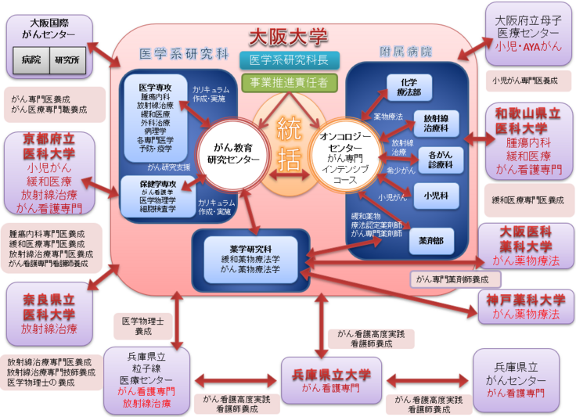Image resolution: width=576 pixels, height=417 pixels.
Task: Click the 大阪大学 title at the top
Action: (x=287, y=36)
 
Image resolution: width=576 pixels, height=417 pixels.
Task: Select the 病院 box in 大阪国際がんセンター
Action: (x=32, y=59)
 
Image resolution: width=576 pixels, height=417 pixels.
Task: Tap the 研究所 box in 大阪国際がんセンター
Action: (x=68, y=59)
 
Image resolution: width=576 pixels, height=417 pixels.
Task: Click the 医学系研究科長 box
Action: (x=288, y=60)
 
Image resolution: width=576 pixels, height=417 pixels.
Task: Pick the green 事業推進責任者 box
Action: (x=289, y=81)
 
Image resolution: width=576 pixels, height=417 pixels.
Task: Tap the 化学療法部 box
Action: (x=409, y=87)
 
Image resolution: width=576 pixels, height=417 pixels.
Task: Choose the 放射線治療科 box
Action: (x=437, y=123)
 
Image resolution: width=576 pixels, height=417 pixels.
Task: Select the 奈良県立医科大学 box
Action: (x=49, y=314)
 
